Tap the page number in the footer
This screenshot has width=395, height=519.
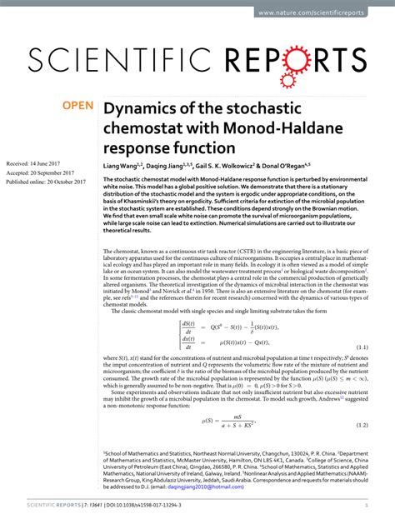pos(367,504)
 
